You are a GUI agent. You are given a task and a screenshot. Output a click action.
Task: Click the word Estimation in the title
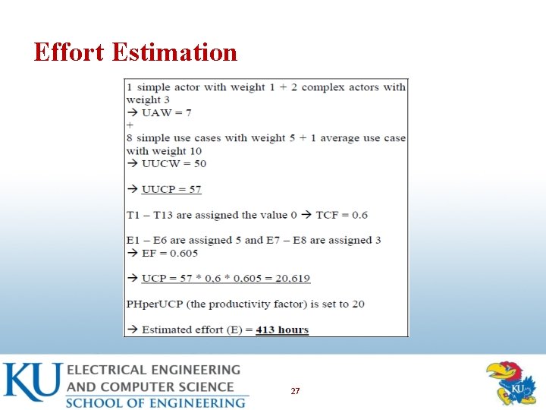[174, 52]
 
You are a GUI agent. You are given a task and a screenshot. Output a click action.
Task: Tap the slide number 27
[295, 391]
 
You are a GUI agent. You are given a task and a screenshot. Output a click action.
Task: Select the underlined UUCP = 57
[171, 189]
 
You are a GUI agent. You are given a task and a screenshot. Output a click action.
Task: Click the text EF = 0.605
[170, 253]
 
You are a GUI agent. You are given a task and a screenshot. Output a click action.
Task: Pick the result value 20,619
[288, 279]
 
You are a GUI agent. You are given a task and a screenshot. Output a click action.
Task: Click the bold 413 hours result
[282, 330]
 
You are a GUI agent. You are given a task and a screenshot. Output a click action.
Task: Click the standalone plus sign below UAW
[130, 125]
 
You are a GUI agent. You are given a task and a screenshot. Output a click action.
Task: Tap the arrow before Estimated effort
[132, 330]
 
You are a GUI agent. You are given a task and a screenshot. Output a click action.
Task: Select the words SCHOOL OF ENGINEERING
[155, 402]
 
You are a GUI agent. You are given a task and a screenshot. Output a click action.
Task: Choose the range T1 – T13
[152, 215]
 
